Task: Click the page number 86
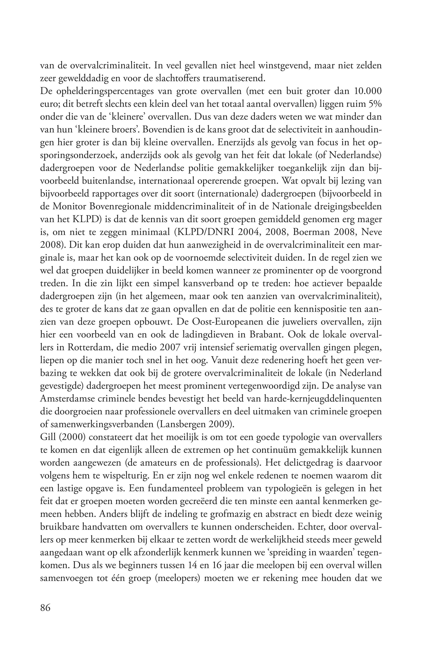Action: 45,608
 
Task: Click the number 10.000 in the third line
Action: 368,91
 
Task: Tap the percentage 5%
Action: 375,104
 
